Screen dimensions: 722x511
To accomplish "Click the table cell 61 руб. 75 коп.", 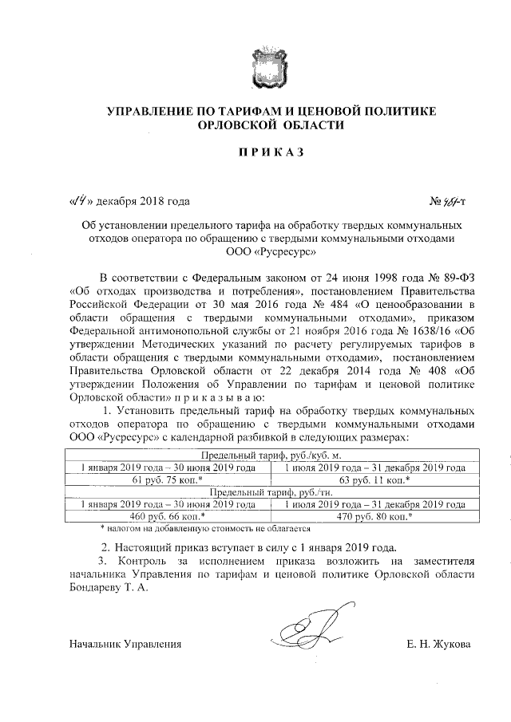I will tap(167, 479).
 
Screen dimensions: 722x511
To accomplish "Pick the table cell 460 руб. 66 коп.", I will tap(167, 516).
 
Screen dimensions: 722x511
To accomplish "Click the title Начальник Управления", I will tap(125, 644).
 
